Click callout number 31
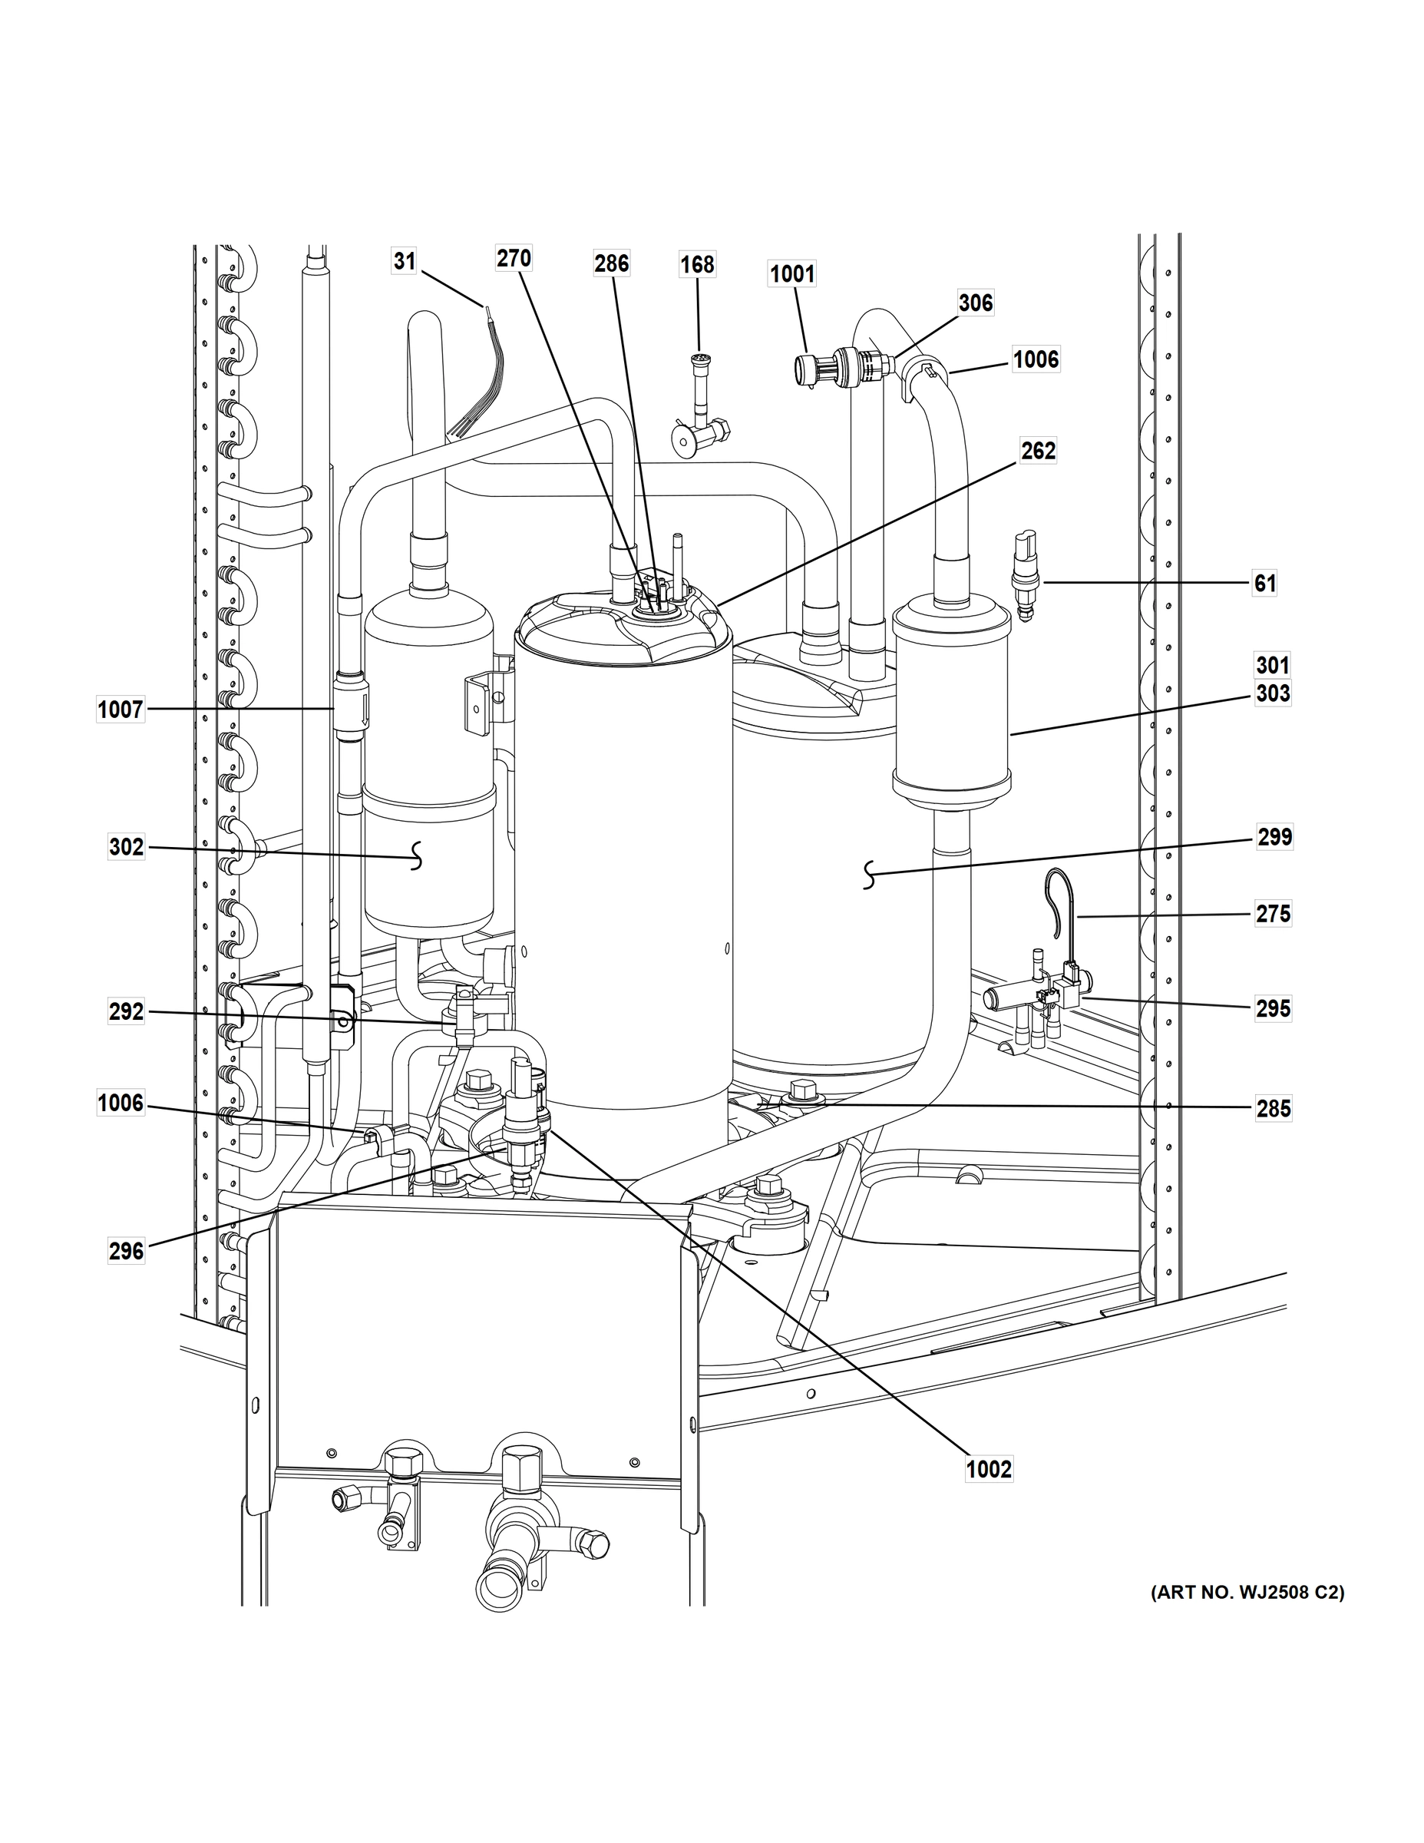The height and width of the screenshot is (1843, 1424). [405, 262]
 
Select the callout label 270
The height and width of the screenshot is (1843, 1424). [513, 258]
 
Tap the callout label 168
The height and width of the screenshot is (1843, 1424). [698, 265]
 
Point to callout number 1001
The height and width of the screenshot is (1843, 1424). [792, 274]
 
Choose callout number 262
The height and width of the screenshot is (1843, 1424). [1038, 452]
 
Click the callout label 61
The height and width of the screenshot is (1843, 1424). [1264, 583]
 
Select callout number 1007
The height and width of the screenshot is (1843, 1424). [121, 710]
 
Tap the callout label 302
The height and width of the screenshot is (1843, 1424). [127, 846]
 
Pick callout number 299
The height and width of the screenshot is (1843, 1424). [1274, 837]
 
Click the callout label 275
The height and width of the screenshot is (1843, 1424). [1273, 914]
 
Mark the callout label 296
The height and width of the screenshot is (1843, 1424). [127, 1252]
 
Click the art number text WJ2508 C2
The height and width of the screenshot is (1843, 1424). [1247, 1593]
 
